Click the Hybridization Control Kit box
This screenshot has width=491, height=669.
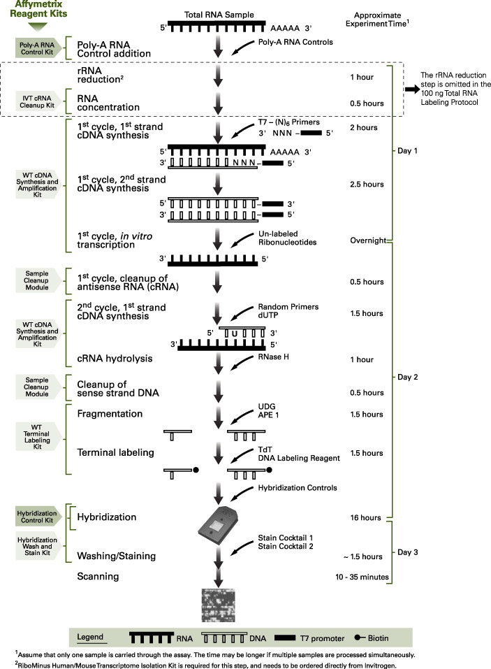tap(35, 517)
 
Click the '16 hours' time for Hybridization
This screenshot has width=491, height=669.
tap(366, 517)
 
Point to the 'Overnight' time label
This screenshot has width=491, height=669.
tap(369, 240)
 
